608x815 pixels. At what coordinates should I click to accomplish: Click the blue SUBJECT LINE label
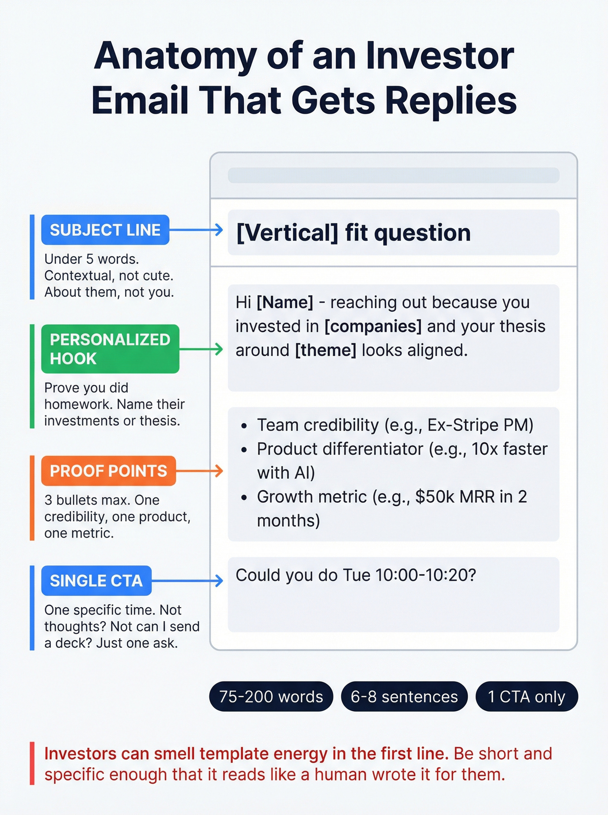(105, 230)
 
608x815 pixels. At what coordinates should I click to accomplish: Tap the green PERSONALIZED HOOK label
(110, 349)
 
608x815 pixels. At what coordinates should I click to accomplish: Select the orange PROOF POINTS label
(108, 471)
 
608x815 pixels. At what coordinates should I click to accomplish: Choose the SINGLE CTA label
(96, 581)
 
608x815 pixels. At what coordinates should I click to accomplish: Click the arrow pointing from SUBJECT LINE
(196, 230)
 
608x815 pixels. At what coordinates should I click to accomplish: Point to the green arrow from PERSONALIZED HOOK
(201, 349)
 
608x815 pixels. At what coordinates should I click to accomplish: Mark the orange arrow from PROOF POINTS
(200, 471)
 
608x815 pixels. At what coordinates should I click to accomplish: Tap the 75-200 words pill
(271, 696)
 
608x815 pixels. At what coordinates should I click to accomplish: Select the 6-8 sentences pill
(404, 696)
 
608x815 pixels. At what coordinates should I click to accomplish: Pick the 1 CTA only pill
(526, 696)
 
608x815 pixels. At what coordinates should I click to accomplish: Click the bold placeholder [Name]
(285, 303)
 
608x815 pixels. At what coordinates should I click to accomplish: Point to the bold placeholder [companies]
(373, 326)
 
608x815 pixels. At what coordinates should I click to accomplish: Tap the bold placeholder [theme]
(326, 350)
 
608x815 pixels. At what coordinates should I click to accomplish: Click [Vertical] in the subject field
(287, 233)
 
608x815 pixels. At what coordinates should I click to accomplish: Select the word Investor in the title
(439, 56)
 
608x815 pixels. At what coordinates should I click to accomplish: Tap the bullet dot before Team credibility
(245, 426)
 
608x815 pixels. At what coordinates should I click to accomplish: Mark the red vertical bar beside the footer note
(32, 763)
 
